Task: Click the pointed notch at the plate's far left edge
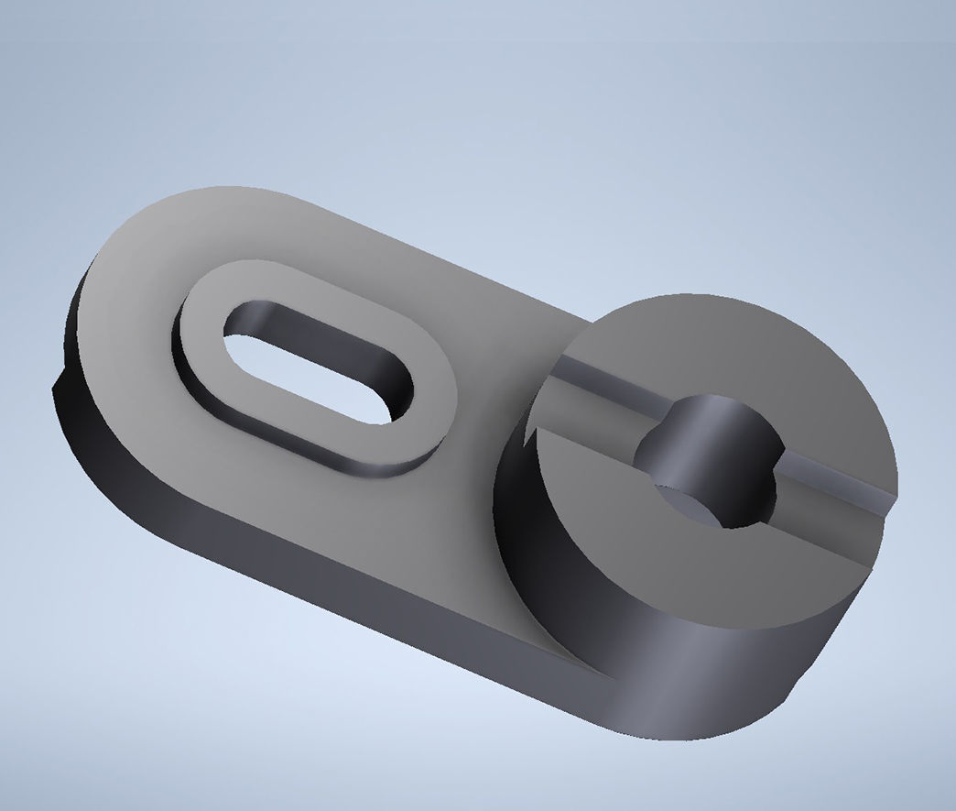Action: click(57, 385)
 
